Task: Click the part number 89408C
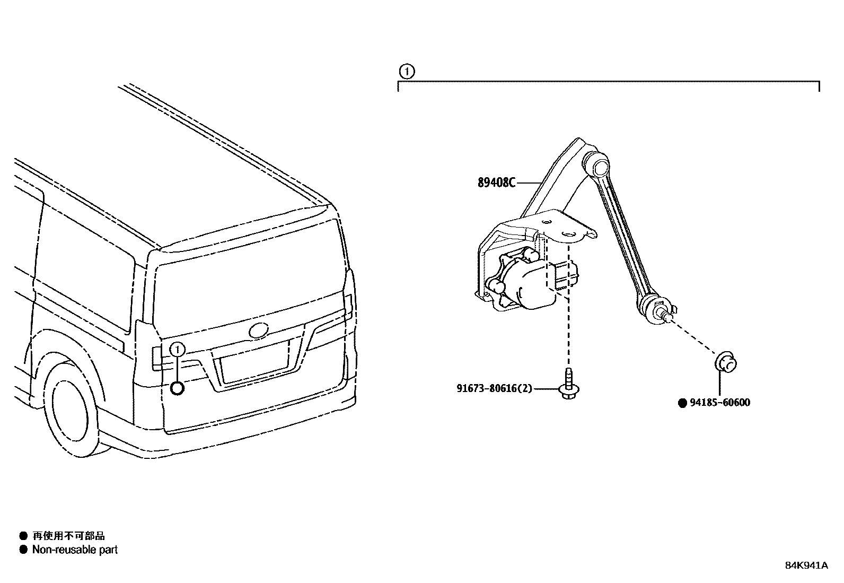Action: coord(496,182)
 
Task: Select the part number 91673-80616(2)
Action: coord(494,388)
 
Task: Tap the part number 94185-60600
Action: coord(720,403)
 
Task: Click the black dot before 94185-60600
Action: coord(683,403)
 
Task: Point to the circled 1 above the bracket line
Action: coord(406,71)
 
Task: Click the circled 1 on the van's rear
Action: coord(178,349)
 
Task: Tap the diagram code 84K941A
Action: coord(806,565)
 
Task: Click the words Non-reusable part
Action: coord(75,550)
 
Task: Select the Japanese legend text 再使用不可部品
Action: coord(68,536)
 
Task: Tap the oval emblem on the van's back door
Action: coord(259,330)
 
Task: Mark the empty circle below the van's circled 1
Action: coord(178,388)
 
